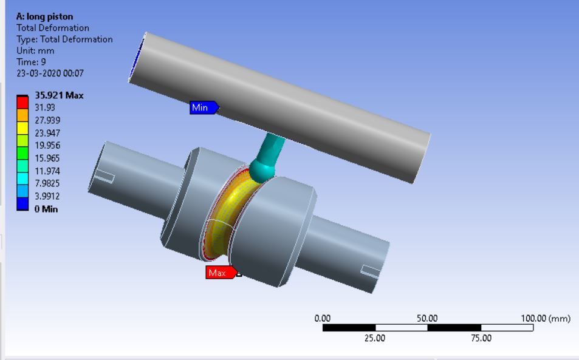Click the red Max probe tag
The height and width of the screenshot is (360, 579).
(219, 273)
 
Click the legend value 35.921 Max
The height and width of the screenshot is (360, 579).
(59, 95)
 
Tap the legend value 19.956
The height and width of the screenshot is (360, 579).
(47, 145)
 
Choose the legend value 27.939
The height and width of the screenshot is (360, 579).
(47, 120)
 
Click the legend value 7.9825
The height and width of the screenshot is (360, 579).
(47, 183)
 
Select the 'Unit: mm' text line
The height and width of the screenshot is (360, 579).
(35, 51)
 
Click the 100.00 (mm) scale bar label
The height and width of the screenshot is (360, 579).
(546, 318)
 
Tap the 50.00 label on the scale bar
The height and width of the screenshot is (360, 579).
(427, 318)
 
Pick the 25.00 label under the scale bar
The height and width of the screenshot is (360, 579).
(374, 338)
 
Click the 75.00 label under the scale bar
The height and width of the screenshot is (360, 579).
(481, 338)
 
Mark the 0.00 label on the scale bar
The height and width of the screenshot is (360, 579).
(323, 318)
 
